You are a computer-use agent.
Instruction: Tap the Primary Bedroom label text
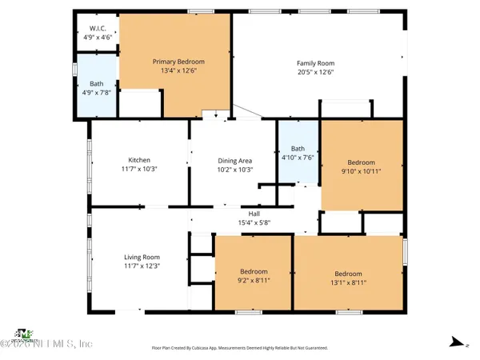[179, 62]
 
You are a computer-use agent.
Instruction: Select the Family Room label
[315, 63]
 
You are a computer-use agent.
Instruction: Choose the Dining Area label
[234, 160]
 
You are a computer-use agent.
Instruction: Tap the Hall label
[254, 214]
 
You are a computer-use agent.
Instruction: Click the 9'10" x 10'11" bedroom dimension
[361, 170]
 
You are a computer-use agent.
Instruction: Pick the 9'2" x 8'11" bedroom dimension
[254, 281]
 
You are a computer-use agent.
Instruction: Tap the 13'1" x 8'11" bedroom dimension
[348, 281]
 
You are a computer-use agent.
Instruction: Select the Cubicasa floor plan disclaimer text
[240, 348]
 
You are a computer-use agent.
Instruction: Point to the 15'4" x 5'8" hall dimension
[254, 222]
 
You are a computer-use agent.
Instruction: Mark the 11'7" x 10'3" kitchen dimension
[139, 169]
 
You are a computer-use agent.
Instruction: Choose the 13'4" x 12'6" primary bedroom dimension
[179, 70]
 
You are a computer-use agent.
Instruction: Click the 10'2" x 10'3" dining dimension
[234, 169]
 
